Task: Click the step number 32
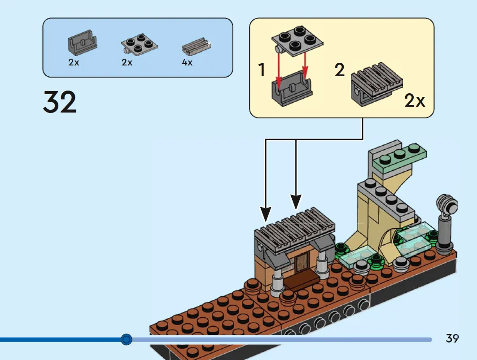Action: tap(60, 102)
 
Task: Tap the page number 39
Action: tap(452, 338)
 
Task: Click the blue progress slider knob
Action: tap(126, 339)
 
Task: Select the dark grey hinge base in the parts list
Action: tap(83, 42)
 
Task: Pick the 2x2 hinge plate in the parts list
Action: tap(139, 43)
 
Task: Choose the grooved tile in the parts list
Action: tap(196, 47)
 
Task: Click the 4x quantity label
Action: tap(187, 62)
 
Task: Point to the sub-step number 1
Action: tap(262, 69)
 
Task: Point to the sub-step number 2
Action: tap(340, 70)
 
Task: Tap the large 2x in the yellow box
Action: tap(414, 100)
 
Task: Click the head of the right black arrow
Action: tap(296, 202)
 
